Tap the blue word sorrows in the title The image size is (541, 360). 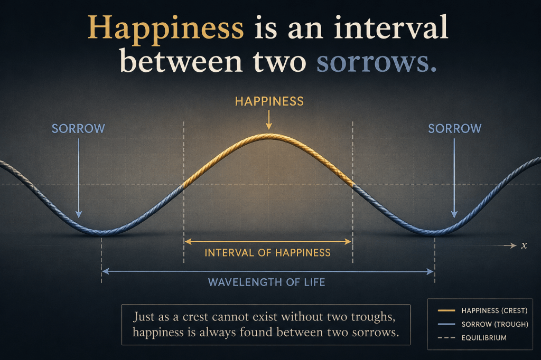(376, 62)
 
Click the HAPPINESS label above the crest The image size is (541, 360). (269, 101)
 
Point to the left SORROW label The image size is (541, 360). (78, 129)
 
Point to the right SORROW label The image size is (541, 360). (455, 129)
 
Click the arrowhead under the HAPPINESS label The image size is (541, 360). (269, 126)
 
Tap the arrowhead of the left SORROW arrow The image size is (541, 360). (79, 214)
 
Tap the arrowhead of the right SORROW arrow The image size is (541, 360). (454, 214)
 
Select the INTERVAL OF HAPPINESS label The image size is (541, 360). (267, 253)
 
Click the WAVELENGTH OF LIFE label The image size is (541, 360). (266, 282)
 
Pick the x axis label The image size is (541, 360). (524, 245)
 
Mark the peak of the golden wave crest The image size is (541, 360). (268, 136)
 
